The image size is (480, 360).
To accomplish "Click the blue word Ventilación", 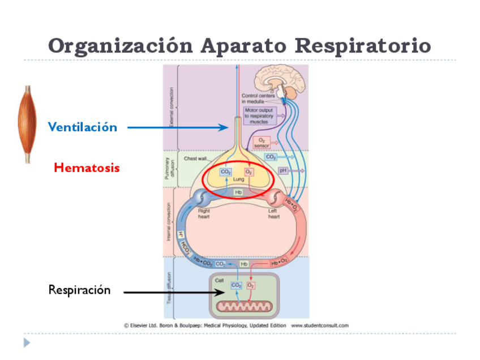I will coord(83,127).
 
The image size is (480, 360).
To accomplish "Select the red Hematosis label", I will coord(87,168).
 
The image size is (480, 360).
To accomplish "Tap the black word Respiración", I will coord(79,290).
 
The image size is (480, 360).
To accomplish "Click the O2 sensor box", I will coord(261,142).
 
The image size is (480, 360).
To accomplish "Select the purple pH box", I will coord(284,170).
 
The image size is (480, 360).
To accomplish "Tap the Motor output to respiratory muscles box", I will coord(259,115).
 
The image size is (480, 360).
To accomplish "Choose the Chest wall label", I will coord(195,159).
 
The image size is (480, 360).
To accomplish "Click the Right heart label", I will coord(204,213).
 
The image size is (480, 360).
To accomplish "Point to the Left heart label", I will coord(273,213).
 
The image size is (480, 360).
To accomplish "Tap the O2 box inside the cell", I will coord(250,285).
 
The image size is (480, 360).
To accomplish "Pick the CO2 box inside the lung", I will coord(225,172).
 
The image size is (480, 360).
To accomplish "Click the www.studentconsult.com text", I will coord(320,325).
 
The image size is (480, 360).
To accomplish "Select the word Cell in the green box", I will coord(219,280).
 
